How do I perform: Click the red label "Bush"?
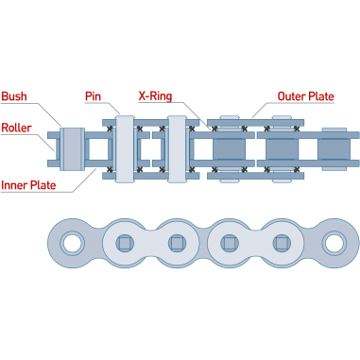(x=14, y=96)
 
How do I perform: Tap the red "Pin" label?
(x=93, y=96)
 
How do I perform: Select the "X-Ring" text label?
(x=155, y=96)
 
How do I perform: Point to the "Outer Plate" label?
(x=305, y=96)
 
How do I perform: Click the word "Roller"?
(x=16, y=128)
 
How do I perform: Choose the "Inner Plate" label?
(x=28, y=185)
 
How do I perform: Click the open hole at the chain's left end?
(x=72, y=243)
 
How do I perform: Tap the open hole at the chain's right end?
(x=334, y=243)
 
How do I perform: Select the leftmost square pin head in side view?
(x=125, y=243)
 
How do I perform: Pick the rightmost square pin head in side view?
(x=282, y=243)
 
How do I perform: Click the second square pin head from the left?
(x=177, y=243)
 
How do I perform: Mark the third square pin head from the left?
(x=230, y=243)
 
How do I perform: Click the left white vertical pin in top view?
(x=125, y=148)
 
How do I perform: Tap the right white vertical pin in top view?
(x=177, y=148)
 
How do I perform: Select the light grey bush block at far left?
(x=72, y=148)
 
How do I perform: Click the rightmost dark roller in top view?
(x=334, y=148)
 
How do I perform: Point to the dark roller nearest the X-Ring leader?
(x=229, y=148)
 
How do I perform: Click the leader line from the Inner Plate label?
(x=85, y=180)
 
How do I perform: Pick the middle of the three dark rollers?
(x=282, y=148)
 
